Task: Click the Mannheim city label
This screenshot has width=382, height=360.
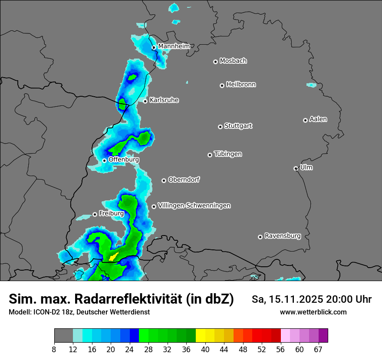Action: point(174,46)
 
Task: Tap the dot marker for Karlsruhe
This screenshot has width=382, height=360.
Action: point(145,101)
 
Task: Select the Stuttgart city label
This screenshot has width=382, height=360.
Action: point(238,126)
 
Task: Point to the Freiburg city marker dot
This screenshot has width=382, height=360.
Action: point(95,214)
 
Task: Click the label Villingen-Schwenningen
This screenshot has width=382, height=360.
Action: point(194,206)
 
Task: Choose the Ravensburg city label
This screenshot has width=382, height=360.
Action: point(282,236)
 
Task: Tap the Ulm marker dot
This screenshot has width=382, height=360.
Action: point(296,168)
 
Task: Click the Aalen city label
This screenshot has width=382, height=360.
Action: point(318,119)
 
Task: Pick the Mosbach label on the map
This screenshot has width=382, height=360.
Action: point(233,61)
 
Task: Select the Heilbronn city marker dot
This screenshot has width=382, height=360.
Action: point(222,85)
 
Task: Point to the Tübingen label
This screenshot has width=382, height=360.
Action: point(228,154)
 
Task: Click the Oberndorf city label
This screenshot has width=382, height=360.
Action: point(184,180)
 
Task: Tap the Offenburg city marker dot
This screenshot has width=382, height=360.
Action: point(104,160)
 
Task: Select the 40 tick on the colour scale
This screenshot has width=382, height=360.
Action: point(205,349)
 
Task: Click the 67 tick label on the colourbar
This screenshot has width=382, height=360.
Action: point(318,349)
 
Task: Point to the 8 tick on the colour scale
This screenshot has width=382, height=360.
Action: point(54,349)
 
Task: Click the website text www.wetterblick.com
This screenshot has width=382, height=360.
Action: point(313,312)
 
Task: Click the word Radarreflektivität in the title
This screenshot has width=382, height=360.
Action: point(129,299)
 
